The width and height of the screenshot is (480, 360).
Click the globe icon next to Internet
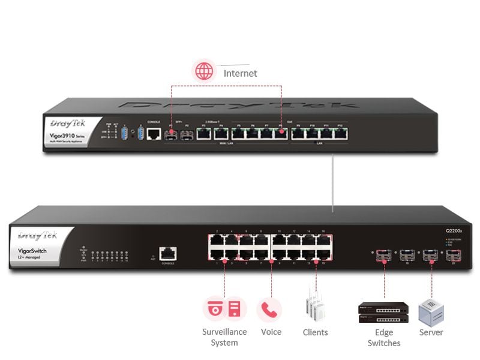[204, 71]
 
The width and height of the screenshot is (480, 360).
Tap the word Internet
[240, 73]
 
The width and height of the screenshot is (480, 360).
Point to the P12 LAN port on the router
[339, 134]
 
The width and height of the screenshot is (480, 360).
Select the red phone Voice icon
[269, 309]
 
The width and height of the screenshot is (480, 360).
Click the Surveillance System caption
[224, 337]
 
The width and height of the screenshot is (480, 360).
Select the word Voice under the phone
[271, 332]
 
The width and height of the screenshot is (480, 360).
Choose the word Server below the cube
[431, 332]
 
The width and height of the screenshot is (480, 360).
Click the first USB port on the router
[124, 133]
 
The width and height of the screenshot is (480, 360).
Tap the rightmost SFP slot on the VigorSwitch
[455, 256]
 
